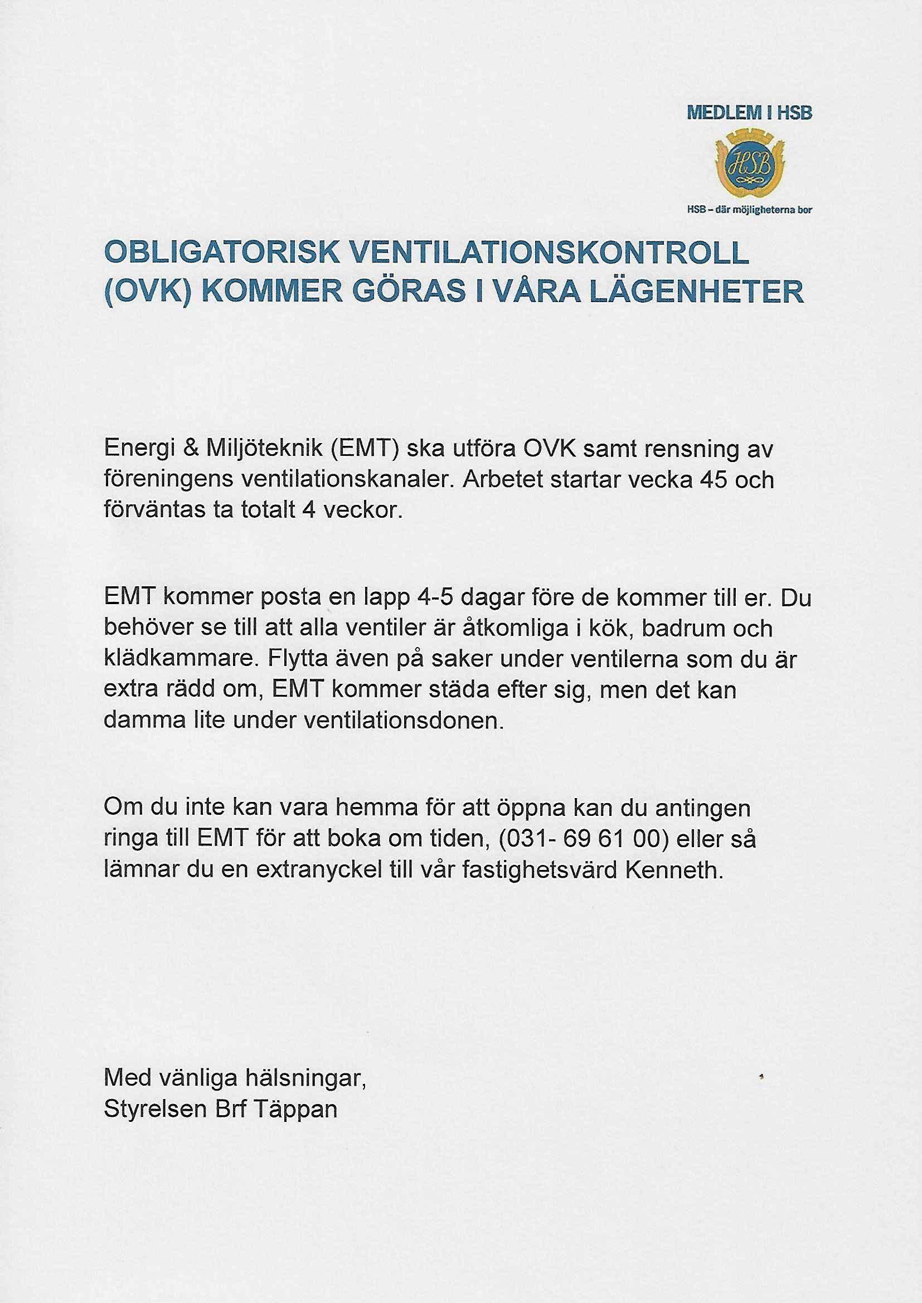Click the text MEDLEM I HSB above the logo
point(749,113)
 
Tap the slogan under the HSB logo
point(749,209)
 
